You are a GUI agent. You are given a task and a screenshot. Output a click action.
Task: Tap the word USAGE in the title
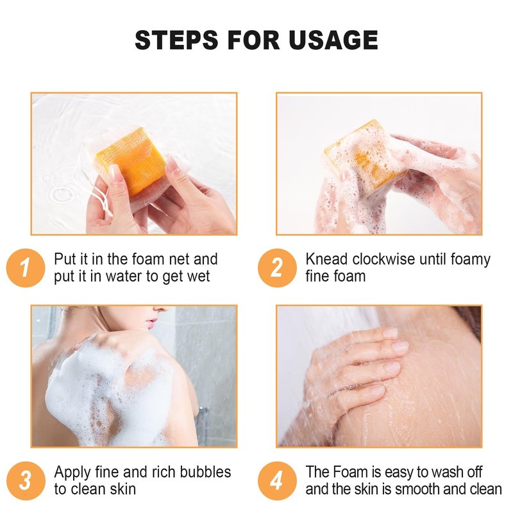click(333, 40)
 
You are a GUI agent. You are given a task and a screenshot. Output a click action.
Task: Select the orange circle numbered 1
click(26, 268)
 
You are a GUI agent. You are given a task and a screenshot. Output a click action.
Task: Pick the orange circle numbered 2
click(277, 268)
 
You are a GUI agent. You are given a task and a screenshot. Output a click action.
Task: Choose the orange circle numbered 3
click(26, 481)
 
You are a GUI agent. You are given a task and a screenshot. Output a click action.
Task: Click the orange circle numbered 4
click(277, 481)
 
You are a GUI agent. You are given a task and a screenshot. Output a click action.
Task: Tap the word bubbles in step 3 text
click(205, 472)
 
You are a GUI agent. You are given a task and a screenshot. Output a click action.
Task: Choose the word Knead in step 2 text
click(326, 259)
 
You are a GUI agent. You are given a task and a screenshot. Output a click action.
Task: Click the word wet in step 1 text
click(198, 277)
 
